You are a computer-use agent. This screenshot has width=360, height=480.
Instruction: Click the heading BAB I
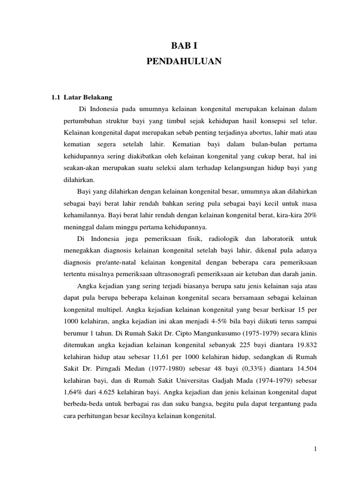(x=180, y=45)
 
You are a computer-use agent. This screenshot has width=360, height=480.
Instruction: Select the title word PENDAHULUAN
(x=180, y=61)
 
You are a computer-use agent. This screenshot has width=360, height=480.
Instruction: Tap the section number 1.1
(x=56, y=97)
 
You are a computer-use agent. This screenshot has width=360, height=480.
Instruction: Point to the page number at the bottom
(x=316, y=449)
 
